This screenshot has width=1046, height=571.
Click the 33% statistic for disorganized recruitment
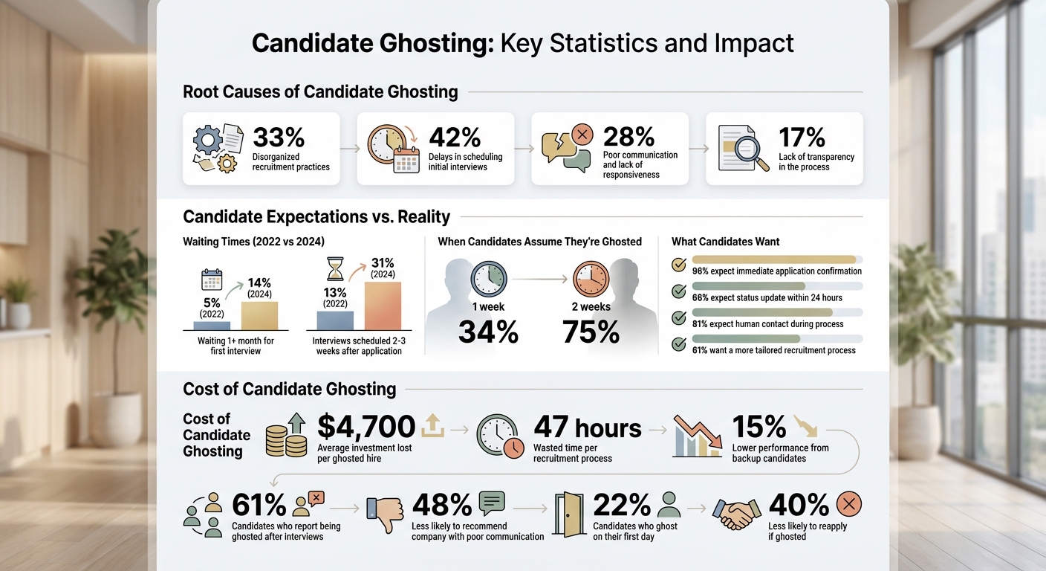coord(279,138)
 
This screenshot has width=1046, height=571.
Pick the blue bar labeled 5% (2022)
coord(212,325)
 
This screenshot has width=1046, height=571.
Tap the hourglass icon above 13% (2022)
coord(335,268)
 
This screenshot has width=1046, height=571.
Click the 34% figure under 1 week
coord(488,332)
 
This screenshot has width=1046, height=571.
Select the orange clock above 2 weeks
coord(591,280)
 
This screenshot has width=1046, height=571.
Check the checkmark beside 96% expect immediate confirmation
coord(678,265)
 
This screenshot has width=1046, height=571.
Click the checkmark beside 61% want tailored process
coord(678,344)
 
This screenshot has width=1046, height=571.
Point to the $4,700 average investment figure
coord(366,427)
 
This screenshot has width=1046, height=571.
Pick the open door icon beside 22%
coord(569,513)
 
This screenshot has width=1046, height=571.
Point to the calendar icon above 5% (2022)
coord(212,280)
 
